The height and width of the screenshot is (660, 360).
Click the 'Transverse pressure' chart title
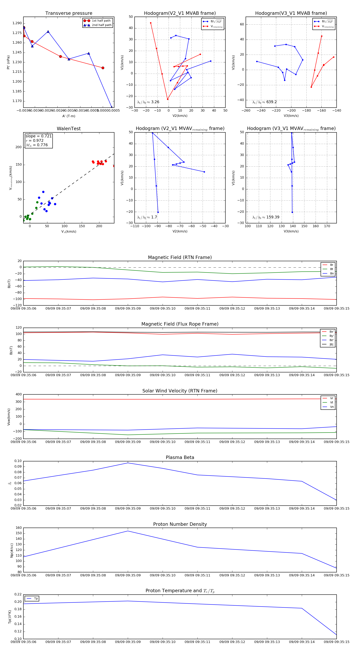click(x=69, y=13)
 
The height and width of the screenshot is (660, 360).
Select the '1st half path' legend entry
click(x=101, y=21)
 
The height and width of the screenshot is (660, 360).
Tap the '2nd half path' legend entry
click(x=101, y=25)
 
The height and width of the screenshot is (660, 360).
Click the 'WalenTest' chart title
click(x=69, y=129)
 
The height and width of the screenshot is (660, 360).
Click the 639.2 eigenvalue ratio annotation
click(x=264, y=102)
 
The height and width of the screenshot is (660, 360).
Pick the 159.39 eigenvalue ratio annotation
click(x=266, y=217)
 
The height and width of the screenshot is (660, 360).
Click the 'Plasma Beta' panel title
click(x=180, y=458)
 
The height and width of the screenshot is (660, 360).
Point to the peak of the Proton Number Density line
click(x=128, y=531)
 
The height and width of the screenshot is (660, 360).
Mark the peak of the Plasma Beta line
click(x=128, y=463)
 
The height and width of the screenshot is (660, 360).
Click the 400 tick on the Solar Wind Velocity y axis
click(x=19, y=394)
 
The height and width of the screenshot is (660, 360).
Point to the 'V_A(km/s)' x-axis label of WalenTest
click(x=69, y=232)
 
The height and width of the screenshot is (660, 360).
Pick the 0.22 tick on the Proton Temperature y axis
click(x=18, y=594)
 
